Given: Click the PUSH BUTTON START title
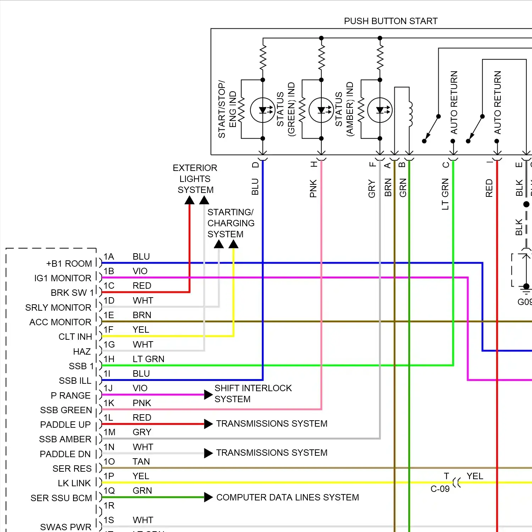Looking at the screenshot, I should [390, 21].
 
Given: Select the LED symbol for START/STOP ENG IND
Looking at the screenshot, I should [262, 110].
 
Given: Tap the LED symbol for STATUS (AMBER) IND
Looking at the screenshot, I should [380, 110].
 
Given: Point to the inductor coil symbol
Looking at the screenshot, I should [410, 114].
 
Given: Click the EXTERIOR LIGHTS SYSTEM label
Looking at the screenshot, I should [195, 179].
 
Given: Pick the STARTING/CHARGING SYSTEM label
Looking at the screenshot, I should [231, 223].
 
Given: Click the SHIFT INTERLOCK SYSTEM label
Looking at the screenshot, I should [253, 394].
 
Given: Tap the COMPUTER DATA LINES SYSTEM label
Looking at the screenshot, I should [288, 498].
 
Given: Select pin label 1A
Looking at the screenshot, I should [109, 257].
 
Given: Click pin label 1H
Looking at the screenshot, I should [109, 359].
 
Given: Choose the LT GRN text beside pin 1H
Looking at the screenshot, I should [148, 359].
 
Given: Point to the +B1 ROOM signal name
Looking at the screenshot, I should [69, 264].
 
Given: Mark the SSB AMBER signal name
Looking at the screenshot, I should [65, 439].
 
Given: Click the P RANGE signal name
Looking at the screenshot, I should [71, 395].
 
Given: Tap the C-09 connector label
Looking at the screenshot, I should [440, 489].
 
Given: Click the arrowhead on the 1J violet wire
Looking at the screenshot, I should [208, 394].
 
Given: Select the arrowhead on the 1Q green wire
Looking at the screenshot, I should [208, 497].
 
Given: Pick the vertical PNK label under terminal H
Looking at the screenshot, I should [313, 188].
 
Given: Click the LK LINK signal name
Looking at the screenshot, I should [74, 483].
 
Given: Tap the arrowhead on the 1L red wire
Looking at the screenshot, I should [208, 424].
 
